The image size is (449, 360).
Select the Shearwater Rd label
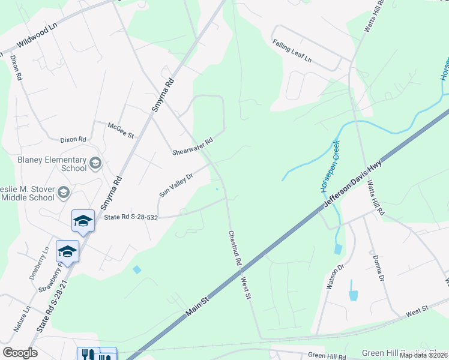[x=193, y=146]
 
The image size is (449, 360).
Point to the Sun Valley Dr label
[x=175, y=185]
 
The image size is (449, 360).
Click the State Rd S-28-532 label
[x=131, y=217]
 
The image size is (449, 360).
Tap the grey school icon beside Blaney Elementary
[x=95, y=163]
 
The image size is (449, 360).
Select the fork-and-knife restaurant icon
[x=88, y=355]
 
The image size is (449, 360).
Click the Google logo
[x=20, y=353]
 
